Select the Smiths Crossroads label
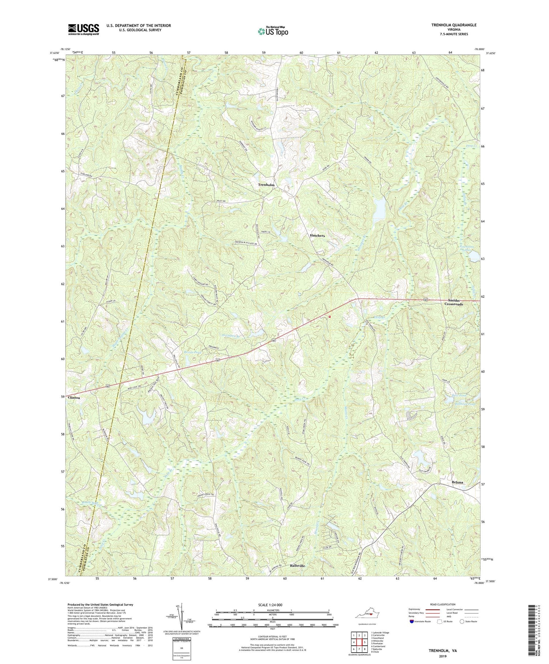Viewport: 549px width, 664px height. click(x=453, y=302)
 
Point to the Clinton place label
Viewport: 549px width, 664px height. click(x=74, y=397)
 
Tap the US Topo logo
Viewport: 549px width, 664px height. click(x=273, y=31)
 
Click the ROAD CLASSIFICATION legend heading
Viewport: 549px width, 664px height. click(x=443, y=604)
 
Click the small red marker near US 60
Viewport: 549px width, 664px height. click(x=329, y=316)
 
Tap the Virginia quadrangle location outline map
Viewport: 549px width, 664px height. click(x=367, y=614)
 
